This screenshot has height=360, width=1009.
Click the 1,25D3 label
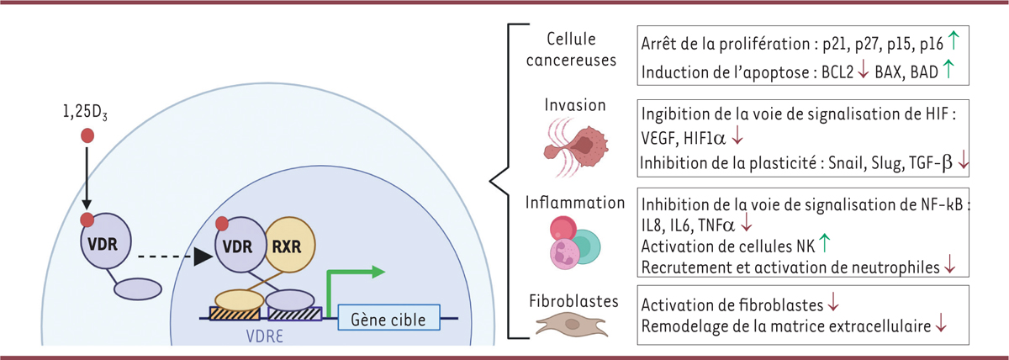(x=87, y=113)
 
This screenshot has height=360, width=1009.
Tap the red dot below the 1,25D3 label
(x=87, y=135)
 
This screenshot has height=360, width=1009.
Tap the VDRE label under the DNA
(x=245, y=342)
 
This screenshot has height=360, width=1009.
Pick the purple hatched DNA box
(x=294, y=319)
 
